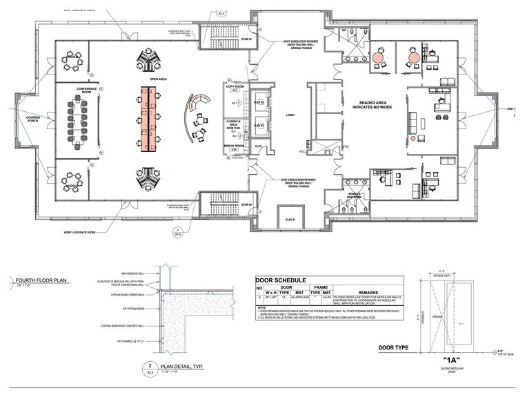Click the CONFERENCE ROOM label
point(87,92)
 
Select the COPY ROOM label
point(235,86)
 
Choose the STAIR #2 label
point(246,204)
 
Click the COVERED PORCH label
point(34,121)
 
